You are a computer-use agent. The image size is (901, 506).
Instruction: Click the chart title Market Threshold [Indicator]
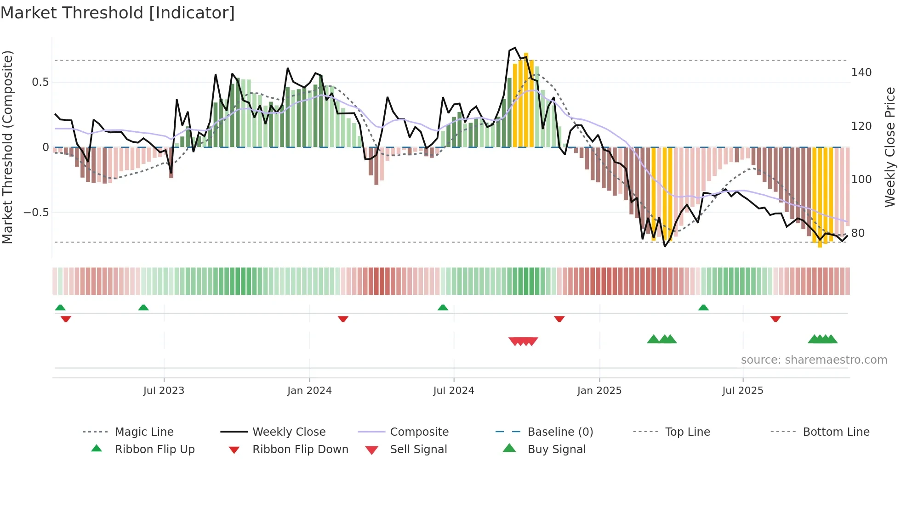click(118, 13)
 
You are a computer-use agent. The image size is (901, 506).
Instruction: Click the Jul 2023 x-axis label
click(164, 391)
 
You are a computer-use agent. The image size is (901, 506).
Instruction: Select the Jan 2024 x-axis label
click(309, 391)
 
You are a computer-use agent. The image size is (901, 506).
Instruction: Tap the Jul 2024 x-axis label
click(454, 391)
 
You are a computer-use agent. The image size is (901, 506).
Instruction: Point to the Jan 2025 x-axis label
click(599, 391)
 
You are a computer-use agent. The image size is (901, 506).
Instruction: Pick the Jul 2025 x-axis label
click(743, 391)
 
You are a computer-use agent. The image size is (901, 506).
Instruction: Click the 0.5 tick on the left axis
click(40, 82)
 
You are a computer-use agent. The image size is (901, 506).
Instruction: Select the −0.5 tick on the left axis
click(36, 213)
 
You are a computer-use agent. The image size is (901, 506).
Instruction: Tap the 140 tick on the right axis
click(861, 73)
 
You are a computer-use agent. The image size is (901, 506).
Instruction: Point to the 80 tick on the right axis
click(858, 233)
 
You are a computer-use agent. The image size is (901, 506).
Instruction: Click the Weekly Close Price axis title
click(890, 147)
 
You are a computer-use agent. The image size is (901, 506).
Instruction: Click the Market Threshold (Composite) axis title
click(7, 147)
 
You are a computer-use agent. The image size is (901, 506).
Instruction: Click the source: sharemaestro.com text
click(814, 360)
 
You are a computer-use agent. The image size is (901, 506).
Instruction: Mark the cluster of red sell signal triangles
click(523, 341)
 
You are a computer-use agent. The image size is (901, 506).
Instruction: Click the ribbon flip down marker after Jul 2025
click(776, 319)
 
